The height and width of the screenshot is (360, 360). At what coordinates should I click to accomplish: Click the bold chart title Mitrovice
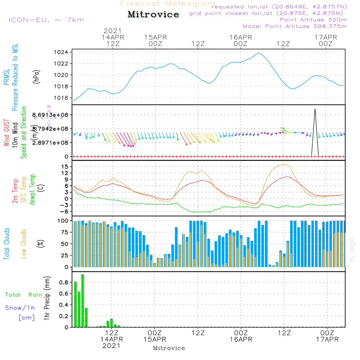(153, 14)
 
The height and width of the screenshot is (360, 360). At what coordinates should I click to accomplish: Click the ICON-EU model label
(46, 19)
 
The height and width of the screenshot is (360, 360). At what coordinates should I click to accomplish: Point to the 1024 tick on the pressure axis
(63, 52)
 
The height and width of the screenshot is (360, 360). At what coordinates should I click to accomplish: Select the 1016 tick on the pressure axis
(63, 98)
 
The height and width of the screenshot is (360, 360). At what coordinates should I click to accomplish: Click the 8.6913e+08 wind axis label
(53, 115)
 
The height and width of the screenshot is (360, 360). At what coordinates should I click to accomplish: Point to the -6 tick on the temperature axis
(65, 211)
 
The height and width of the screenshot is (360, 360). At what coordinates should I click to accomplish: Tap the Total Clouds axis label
(6, 244)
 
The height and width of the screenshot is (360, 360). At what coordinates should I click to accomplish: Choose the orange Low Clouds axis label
(24, 244)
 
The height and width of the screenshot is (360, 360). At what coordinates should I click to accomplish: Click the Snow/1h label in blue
(20, 308)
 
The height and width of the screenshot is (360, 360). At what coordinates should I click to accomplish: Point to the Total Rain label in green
(23, 294)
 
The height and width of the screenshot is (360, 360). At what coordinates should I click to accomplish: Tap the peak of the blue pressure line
(258, 53)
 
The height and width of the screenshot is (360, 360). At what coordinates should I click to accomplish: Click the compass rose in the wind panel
(49, 117)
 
